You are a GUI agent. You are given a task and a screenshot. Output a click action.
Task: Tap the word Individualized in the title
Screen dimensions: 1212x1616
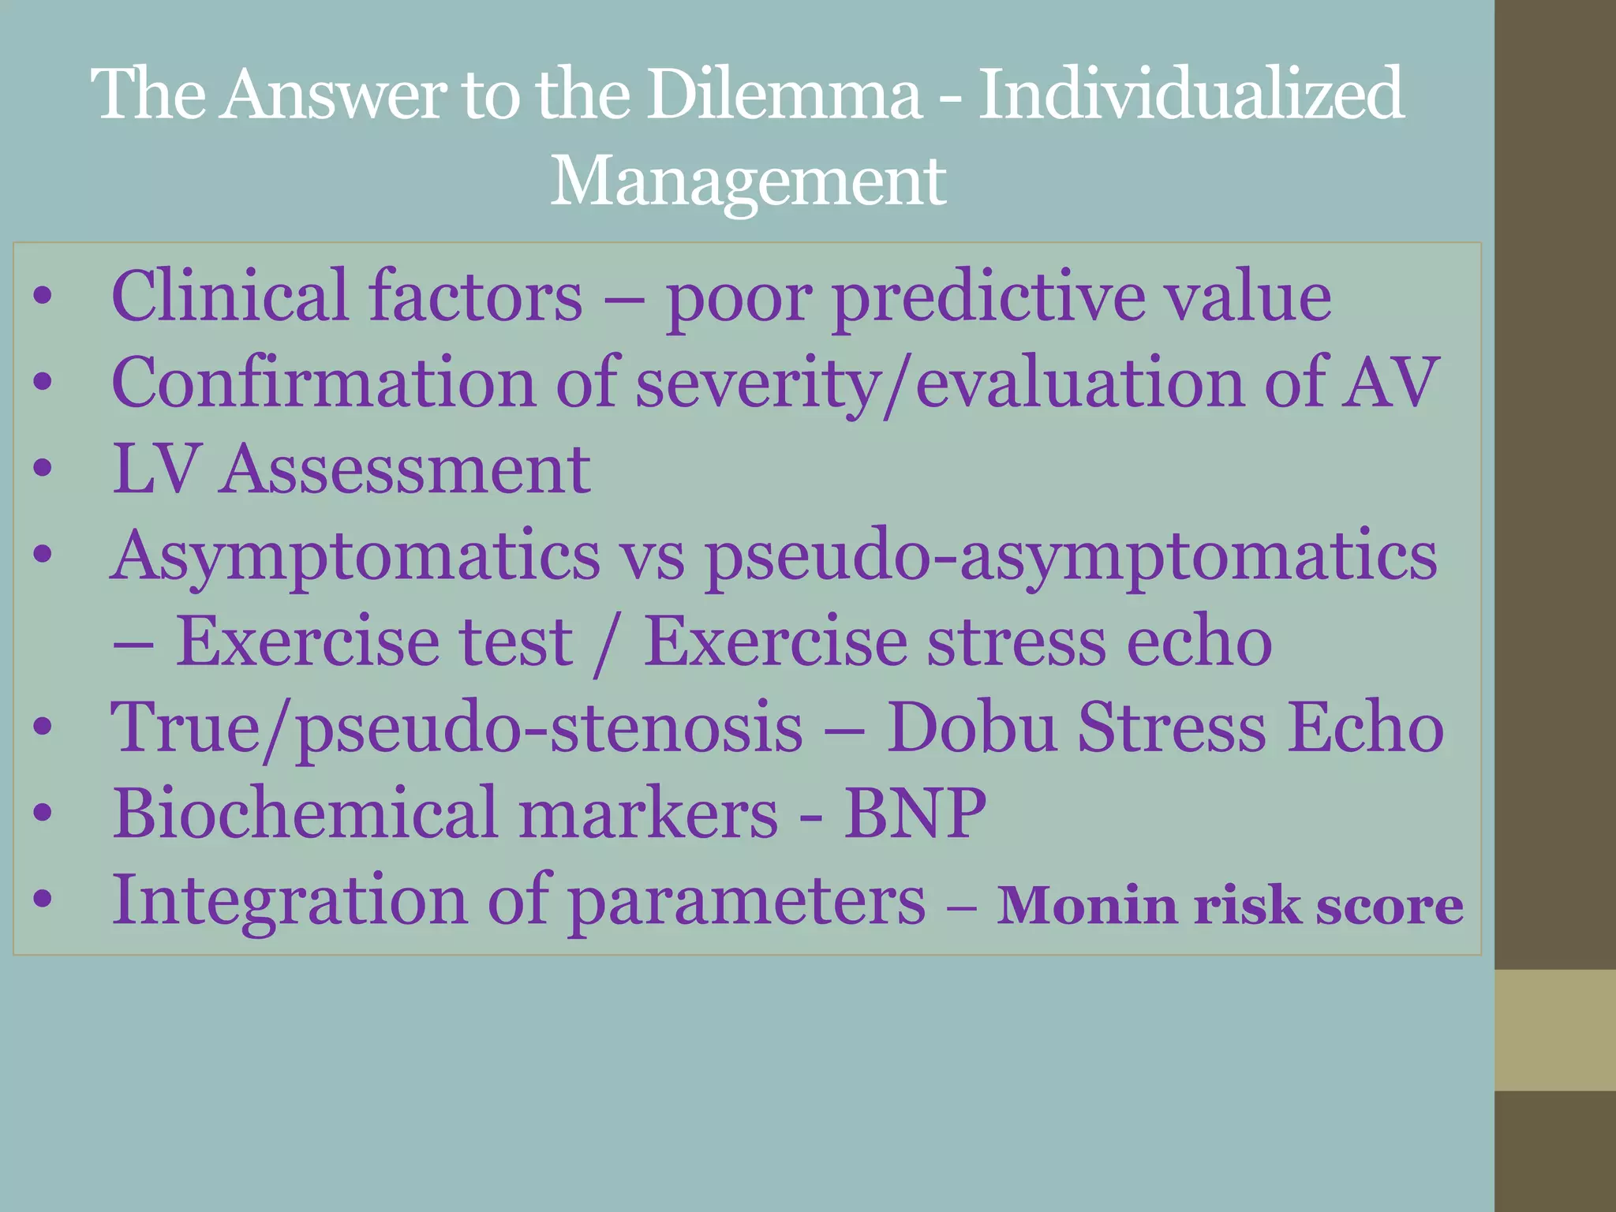1191,95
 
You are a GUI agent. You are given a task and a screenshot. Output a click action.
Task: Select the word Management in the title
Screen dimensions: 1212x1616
747,181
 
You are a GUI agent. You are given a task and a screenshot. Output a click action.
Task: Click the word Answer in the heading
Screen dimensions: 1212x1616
332,95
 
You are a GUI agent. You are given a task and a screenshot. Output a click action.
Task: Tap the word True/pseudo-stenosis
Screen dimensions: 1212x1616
456,728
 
